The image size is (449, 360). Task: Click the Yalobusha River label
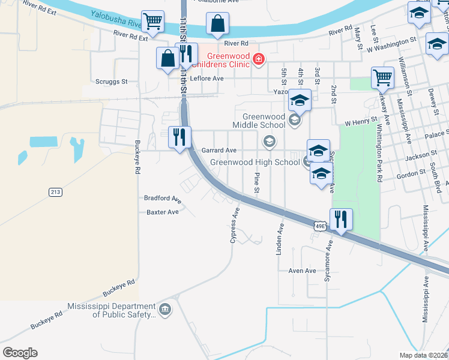pos(116,19)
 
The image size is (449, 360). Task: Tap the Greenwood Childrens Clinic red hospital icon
pos(259,59)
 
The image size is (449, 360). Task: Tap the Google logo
pos(20,353)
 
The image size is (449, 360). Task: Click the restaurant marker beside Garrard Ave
pos(179,138)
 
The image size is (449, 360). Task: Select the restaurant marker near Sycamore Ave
pos(341,220)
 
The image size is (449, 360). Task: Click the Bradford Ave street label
pos(163,198)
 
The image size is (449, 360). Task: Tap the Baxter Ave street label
pos(163,212)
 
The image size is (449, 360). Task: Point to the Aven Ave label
pos(302,271)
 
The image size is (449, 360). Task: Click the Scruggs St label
pos(112,81)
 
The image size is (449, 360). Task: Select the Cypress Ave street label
pos(235,226)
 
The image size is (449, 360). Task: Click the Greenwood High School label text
pos(255,162)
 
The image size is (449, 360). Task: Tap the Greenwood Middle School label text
pos(263,121)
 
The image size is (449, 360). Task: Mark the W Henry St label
pos(361,122)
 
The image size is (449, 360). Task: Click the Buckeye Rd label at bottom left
pos(46,321)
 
